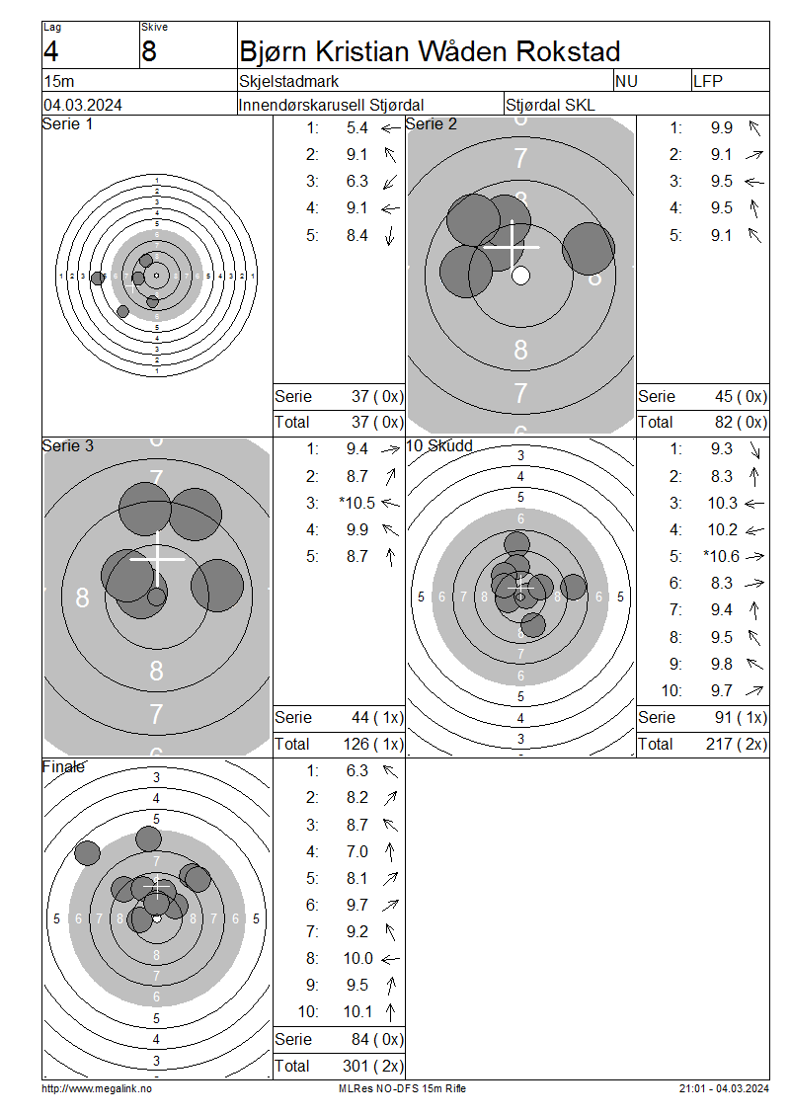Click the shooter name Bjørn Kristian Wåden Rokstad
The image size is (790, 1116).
pos(430,52)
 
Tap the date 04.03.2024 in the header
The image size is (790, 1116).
pos(83,106)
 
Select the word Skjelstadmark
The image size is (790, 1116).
pos(289,81)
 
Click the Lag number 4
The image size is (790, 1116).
pos(51,52)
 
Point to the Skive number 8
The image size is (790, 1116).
pos(149,52)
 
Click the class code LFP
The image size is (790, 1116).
pos(707,81)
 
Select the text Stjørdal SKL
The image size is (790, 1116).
pos(550,106)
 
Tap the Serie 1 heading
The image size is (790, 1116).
pos(67,123)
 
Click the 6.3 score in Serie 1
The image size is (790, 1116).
pos(357,182)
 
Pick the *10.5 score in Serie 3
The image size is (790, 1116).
pos(357,504)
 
